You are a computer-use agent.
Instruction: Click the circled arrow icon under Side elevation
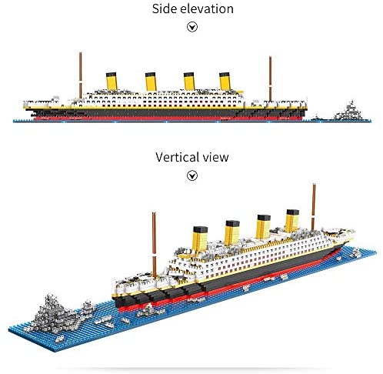click(192, 27)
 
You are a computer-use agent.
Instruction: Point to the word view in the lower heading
click(215, 157)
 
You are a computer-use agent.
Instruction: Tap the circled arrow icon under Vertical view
click(192, 175)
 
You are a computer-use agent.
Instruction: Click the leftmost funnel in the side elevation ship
click(112, 81)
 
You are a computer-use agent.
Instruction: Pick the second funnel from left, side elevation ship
click(151, 82)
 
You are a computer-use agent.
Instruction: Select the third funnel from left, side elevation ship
click(189, 82)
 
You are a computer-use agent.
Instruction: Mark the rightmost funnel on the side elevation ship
click(225, 82)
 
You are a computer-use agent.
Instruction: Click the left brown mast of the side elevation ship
click(80, 75)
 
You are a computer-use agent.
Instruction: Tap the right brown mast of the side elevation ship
click(270, 78)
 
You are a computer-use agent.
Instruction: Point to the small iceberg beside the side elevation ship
click(348, 111)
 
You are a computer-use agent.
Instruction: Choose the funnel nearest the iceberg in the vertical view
click(200, 239)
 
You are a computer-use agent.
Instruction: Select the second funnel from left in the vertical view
click(232, 232)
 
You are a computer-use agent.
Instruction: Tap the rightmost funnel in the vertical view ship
click(292, 221)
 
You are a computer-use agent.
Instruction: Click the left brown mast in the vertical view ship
click(154, 245)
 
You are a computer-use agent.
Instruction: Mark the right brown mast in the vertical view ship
click(313, 207)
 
